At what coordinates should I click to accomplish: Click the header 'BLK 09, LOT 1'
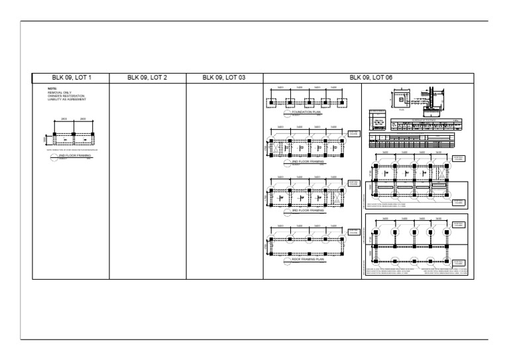coord(71,78)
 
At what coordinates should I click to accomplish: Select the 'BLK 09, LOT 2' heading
coord(147,78)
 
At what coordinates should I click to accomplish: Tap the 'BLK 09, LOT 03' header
coord(225,78)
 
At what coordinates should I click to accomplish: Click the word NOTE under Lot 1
coord(52,88)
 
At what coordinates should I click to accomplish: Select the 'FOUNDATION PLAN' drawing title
coord(306,113)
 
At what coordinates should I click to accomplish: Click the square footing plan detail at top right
coord(401,97)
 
